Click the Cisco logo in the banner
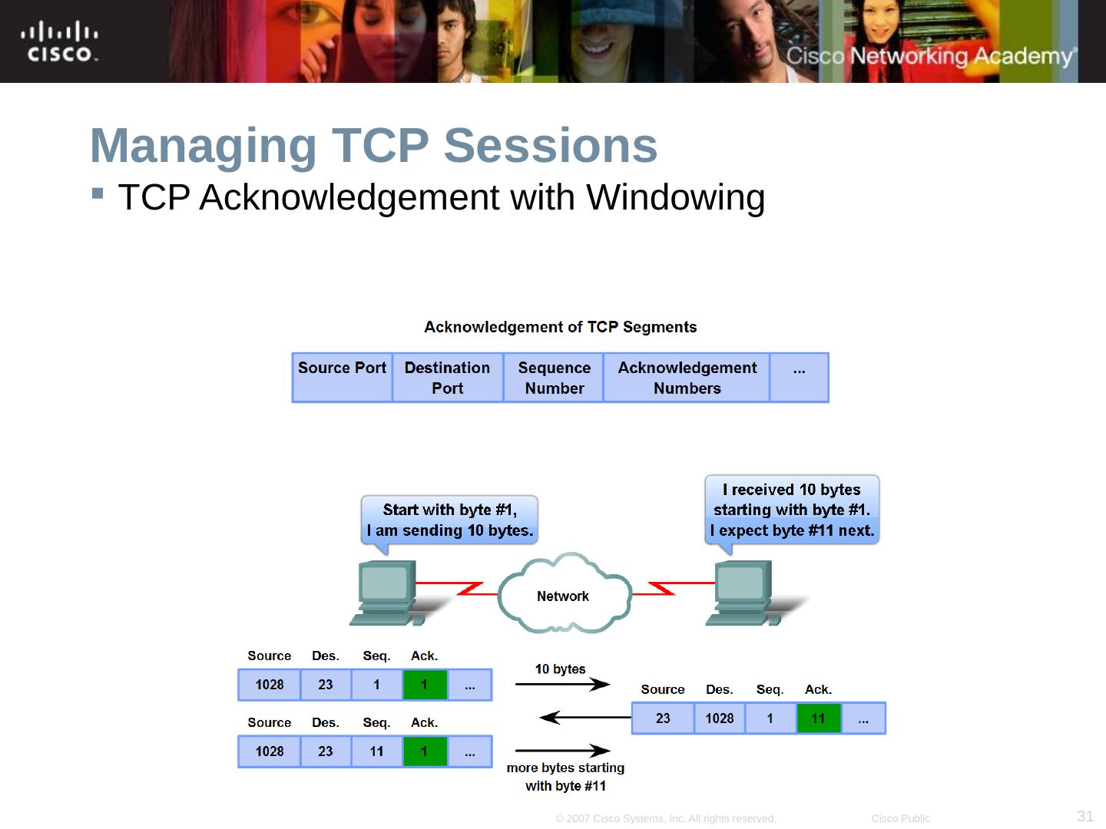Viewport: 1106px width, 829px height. click(59, 42)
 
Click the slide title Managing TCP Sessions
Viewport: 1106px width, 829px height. click(373, 145)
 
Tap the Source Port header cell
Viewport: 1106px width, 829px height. click(342, 377)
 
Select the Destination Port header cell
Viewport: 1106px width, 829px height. click(447, 377)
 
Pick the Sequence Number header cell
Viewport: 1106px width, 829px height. click(554, 377)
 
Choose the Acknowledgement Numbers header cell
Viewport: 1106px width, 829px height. click(687, 377)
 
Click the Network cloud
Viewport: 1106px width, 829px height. click(564, 595)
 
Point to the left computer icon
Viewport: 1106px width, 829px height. click(386, 592)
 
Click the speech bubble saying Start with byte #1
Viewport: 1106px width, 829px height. click(449, 520)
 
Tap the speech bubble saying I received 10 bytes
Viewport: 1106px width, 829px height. click(791, 509)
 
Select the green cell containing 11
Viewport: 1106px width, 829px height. click(818, 718)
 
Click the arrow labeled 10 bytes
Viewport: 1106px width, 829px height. click(563, 684)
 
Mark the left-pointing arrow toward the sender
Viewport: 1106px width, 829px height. click(584, 718)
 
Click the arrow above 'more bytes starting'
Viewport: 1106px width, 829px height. click(563, 751)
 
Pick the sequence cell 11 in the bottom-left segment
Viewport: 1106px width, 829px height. click(376, 751)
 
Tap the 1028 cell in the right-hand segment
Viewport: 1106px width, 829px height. click(720, 718)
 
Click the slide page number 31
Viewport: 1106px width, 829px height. click(1084, 816)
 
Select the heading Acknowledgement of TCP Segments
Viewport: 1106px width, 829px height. click(560, 327)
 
